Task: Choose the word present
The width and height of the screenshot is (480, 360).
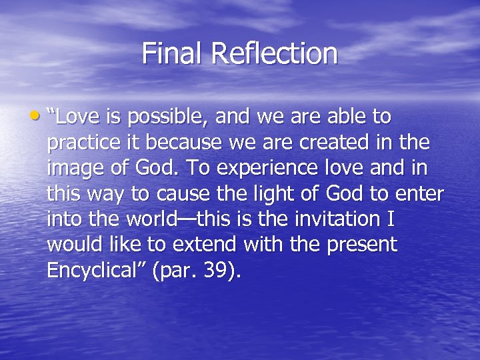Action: click(x=362, y=245)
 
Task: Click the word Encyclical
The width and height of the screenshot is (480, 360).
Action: click(x=90, y=270)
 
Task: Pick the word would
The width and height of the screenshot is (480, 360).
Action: click(x=71, y=244)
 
